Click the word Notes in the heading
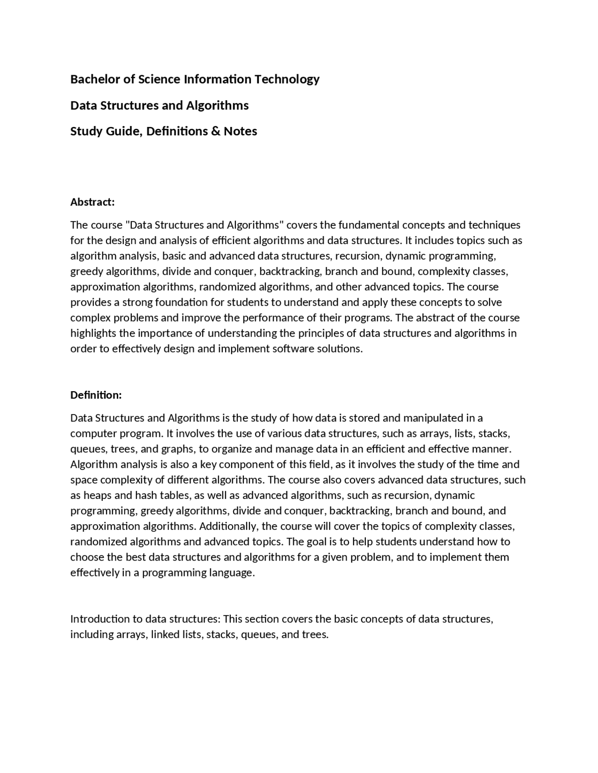[240, 131]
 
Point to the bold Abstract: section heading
[93, 202]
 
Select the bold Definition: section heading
[96, 395]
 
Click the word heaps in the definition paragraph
[96, 495]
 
